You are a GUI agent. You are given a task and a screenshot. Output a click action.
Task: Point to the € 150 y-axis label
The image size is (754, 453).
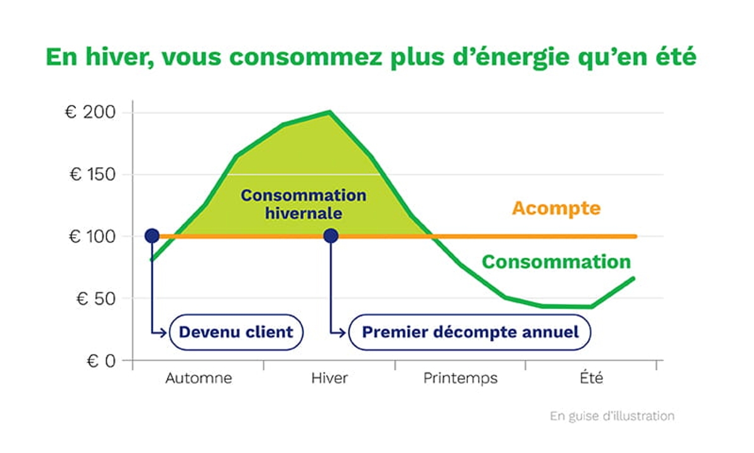(x=92, y=174)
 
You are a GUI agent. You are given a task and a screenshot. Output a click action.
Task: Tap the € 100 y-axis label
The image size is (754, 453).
(x=92, y=237)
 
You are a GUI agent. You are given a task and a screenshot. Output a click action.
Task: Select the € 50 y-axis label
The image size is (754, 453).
(x=96, y=298)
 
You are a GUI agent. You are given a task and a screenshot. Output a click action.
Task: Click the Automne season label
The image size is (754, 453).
(x=199, y=379)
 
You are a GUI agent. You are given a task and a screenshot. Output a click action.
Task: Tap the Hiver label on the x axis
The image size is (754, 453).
(x=330, y=379)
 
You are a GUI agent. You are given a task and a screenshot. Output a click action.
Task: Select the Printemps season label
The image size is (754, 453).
(x=460, y=379)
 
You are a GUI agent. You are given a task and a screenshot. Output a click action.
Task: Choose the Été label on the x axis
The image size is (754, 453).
(x=591, y=379)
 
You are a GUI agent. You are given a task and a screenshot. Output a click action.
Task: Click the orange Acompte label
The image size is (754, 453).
(x=556, y=208)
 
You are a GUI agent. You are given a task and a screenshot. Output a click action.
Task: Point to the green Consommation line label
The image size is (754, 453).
(x=556, y=262)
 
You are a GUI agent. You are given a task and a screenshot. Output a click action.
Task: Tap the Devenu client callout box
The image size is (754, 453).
(x=236, y=332)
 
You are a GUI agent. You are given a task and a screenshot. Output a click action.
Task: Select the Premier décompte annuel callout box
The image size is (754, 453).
(x=470, y=332)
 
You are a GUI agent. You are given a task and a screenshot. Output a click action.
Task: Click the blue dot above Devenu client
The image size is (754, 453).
(x=152, y=236)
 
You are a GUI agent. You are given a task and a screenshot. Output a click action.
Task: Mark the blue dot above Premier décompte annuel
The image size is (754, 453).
(x=331, y=236)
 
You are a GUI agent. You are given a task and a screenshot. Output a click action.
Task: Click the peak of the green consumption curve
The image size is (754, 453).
(x=330, y=112)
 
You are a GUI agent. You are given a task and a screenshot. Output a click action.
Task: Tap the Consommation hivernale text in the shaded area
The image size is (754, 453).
(x=303, y=204)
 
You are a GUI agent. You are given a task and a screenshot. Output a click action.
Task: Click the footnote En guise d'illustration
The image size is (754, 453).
(x=612, y=416)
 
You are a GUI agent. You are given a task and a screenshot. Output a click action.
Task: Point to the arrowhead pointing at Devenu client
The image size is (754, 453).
(x=167, y=332)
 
